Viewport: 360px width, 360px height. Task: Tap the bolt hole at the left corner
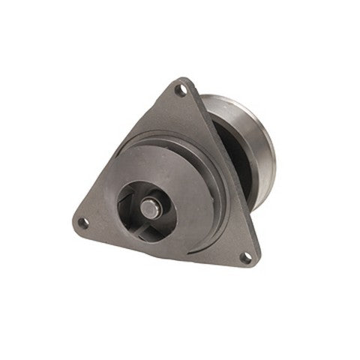click(x=83, y=222)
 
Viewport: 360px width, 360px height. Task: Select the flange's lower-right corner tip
click(x=255, y=267)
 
